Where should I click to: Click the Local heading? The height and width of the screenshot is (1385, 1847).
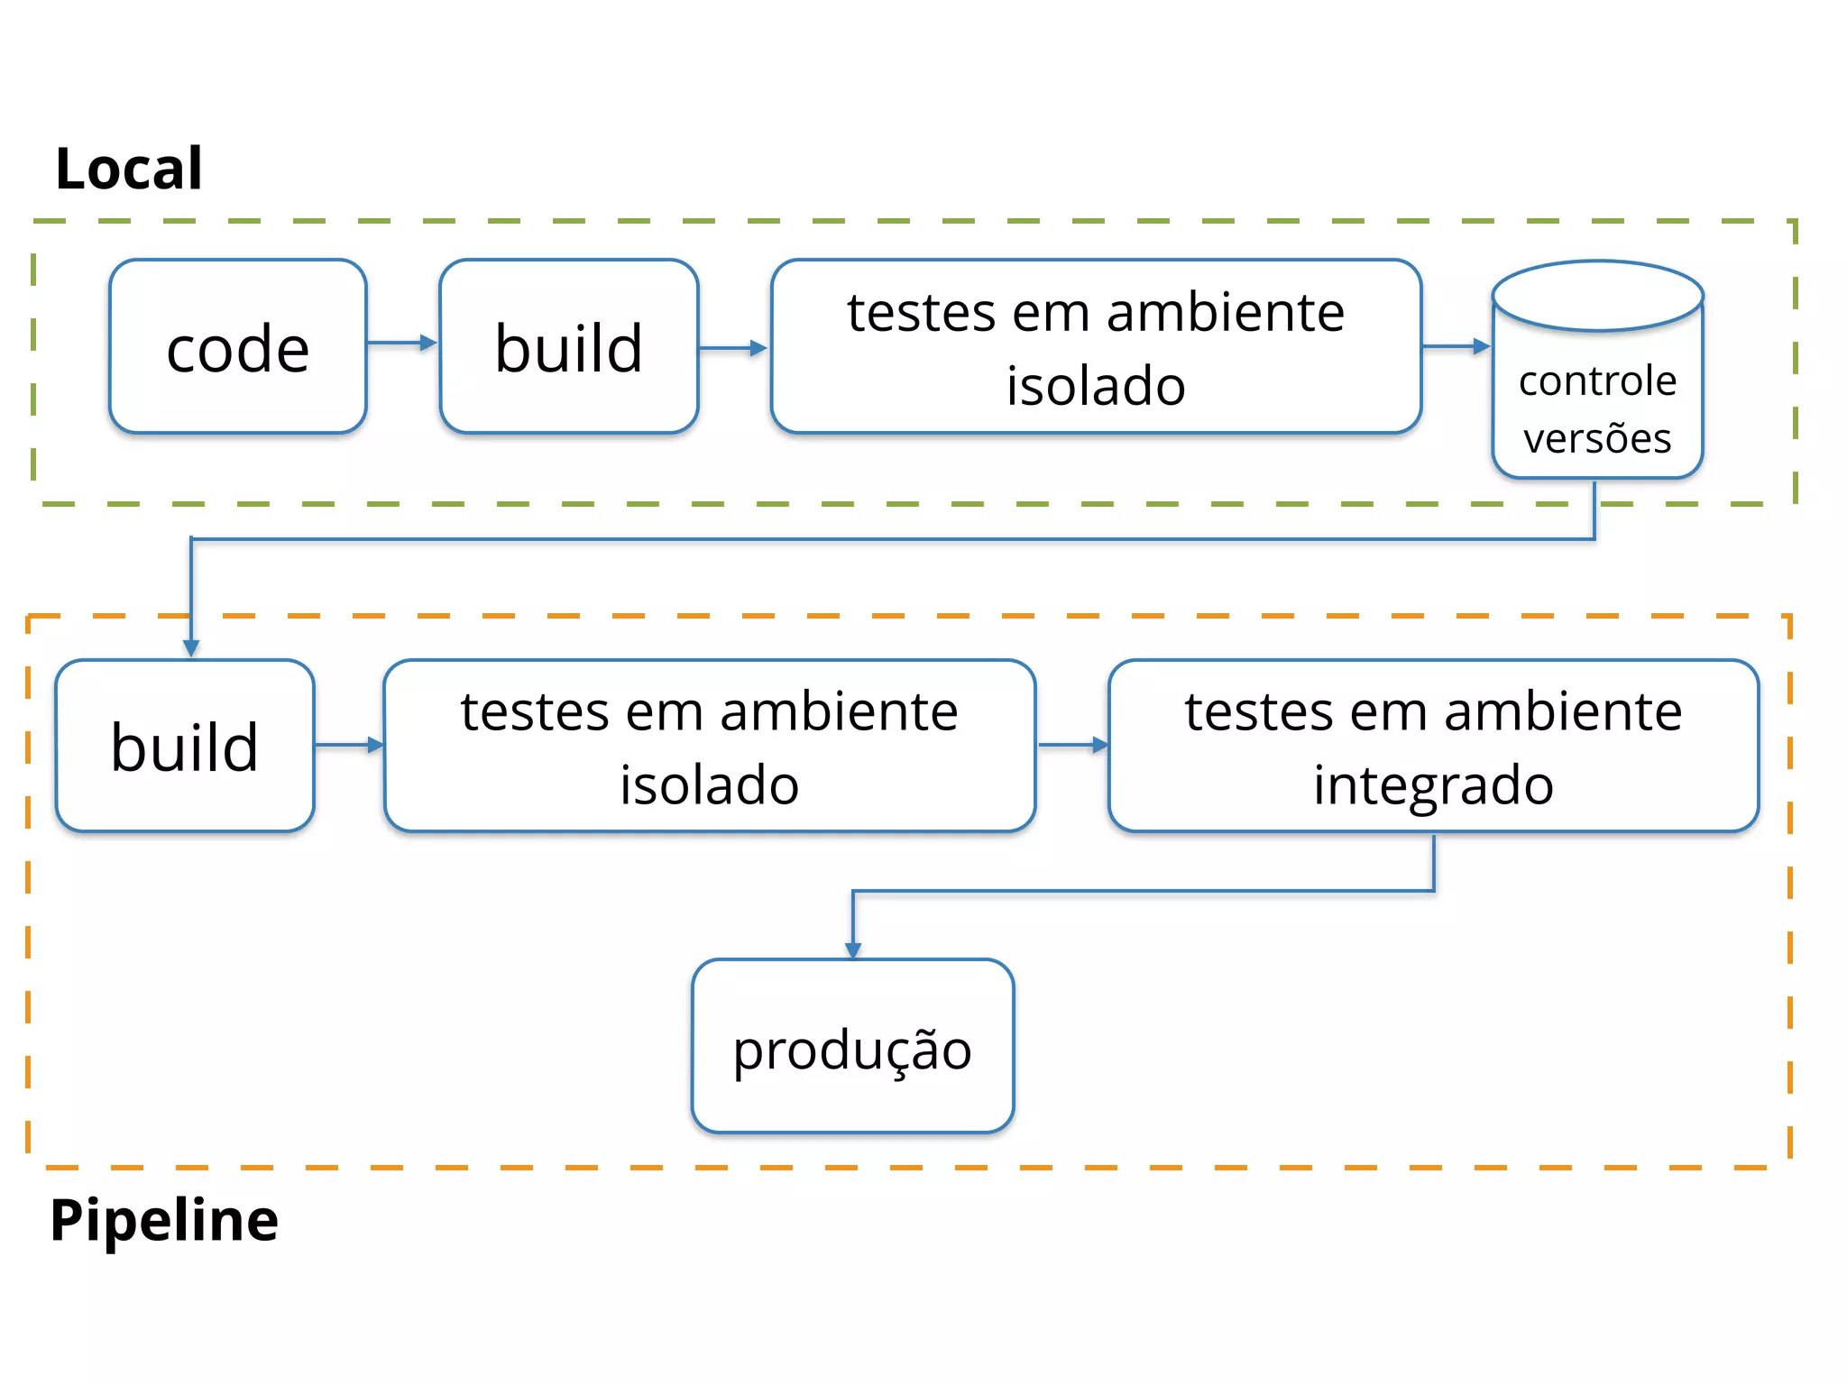[x=129, y=169]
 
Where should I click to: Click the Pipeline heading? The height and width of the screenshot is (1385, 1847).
[x=164, y=1220]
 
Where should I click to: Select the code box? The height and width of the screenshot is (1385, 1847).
[x=238, y=347]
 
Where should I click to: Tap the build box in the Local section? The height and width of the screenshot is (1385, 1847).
[x=568, y=347]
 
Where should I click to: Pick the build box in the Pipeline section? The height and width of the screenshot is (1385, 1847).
[x=185, y=747]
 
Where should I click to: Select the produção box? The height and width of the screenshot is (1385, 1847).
[x=852, y=1046]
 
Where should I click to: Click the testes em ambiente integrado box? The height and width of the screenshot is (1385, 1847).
[x=1433, y=747]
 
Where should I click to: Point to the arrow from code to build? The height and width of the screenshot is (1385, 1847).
[x=402, y=343]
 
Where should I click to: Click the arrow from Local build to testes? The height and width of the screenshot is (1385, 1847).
[x=733, y=348]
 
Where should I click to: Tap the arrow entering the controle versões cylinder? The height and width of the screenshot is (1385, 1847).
[x=1456, y=346]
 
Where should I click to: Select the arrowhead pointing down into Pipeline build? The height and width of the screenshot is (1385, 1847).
[x=191, y=648]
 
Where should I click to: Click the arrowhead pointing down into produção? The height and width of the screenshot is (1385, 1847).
[x=853, y=949]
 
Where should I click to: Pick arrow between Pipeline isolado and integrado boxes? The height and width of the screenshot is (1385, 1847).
[x=1072, y=745]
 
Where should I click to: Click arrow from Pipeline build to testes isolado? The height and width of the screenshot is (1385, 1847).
[x=349, y=745]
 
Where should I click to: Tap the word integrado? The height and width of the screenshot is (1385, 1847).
[x=1433, y=784]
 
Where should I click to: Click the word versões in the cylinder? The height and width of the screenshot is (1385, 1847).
[x=1597, y=438]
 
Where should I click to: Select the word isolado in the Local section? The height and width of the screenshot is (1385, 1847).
[x=1096, y=386]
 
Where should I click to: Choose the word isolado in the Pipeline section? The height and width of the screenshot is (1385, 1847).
[x=709, y=784]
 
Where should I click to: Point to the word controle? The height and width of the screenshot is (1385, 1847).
[x=1597, y=381]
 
